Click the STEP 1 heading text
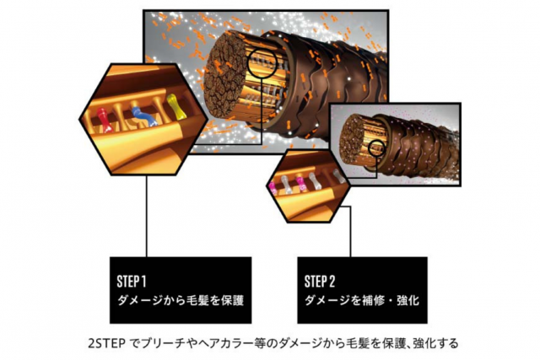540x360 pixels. (x=132, y=282)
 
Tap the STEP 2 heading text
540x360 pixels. (x=320, y=282)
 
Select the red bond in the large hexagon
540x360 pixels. (x=105, y=120)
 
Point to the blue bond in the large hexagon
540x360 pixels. (x=144, y=116)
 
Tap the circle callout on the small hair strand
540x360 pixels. (x=376, y=148)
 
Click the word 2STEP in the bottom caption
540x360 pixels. (x=105, y=343)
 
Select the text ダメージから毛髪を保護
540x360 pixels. (x=181, y=300)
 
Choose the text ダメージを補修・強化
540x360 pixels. (x=362, y=300)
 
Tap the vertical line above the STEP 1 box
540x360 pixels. (x=147, y=216)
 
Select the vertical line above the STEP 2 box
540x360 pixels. (x=350, y=231)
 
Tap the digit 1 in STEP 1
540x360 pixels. (x=143, y=282)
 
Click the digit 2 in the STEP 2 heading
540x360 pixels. (x=332, y=282)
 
